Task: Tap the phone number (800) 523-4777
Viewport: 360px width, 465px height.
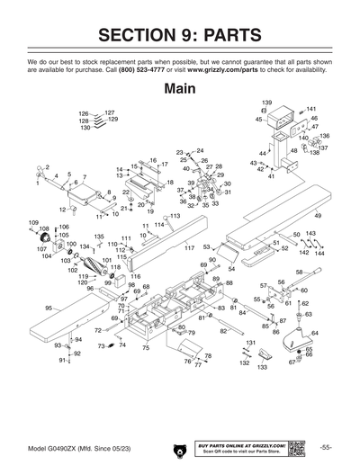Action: [143, 69]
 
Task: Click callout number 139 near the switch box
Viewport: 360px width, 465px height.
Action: [266, 103]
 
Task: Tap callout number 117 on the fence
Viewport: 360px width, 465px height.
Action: [190, 247]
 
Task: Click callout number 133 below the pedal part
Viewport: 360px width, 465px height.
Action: [263, 368]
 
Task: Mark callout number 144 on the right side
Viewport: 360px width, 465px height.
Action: [319, 253]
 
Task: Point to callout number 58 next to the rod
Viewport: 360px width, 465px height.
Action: [299, 271]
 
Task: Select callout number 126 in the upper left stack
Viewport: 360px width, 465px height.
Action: [84, 114]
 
